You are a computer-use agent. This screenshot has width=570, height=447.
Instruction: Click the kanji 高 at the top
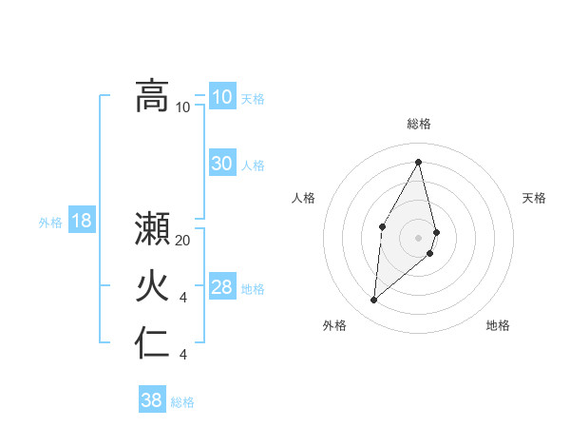[152, 96]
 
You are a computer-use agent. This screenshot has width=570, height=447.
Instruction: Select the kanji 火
[152, 286]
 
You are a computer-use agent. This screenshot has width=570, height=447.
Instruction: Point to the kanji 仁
[152, 343]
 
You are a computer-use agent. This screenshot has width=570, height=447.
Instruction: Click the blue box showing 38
[152, 400]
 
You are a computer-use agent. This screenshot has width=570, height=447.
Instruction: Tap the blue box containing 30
[222, 164]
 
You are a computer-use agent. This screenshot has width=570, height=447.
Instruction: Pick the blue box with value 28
[222, 287]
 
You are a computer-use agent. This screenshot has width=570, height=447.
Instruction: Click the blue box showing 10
[222, 97]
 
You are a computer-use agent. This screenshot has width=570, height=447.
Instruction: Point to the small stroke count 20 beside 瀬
[183, 242]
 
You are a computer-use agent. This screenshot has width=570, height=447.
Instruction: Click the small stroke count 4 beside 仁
[183, 355]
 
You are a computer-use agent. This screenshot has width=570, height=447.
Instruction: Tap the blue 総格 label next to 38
[182, 402]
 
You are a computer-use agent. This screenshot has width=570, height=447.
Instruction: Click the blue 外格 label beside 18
[50, 223]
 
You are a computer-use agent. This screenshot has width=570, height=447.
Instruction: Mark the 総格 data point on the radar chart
[418, 162]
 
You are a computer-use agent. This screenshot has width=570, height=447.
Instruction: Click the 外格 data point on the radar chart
[374, 300]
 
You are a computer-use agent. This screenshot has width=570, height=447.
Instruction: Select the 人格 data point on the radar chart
[382, 225]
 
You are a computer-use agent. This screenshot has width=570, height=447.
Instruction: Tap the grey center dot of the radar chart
[418, 237]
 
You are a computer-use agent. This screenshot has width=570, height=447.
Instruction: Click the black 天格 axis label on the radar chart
[534, 198]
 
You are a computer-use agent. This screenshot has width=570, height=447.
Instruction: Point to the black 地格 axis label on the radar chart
[498, 325]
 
